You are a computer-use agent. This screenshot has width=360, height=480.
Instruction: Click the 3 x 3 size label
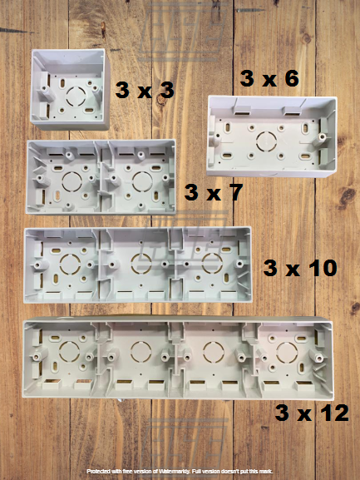click(x=145, y=91)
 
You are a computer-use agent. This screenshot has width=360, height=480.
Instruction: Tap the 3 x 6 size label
click(x=269, y=79)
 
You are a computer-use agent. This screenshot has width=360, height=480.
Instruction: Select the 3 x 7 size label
click(x=214, y=193)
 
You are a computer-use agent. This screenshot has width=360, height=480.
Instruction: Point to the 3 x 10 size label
click(x=300, y=268)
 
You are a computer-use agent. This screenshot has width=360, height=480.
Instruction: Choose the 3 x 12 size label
click(x=313, y=413)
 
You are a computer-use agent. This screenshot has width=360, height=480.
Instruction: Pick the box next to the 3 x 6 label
click(x=271, y=135)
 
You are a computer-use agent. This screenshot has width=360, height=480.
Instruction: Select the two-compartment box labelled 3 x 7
click(x=101, y=176)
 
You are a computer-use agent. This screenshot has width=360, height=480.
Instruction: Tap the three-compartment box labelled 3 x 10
click(x=136, y=265)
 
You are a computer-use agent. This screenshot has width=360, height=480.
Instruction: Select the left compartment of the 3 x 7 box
click(x=64, y=177)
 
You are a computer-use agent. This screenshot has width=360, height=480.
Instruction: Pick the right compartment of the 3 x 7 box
click(x=137, y=177)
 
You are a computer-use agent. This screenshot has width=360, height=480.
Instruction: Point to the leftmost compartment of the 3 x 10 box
click(x=62, y=265)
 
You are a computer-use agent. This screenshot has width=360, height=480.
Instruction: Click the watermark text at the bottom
click(x=180, y=471)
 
